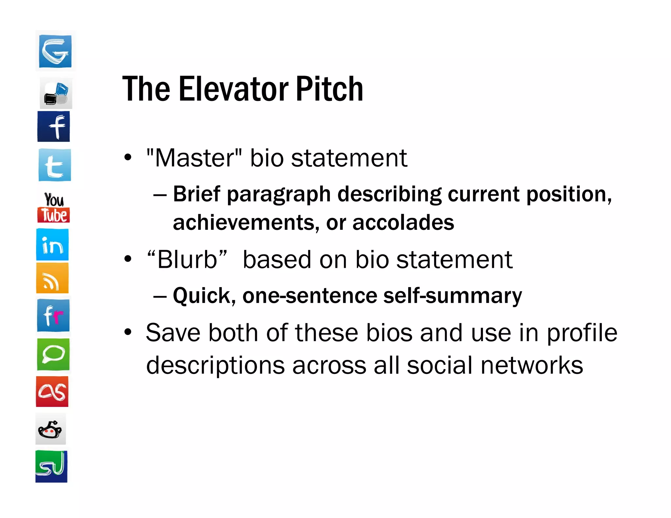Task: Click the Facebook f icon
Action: (54, 126)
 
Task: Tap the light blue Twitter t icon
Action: (55, 165)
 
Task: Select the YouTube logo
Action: (54, 208)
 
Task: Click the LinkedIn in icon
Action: (52, 245)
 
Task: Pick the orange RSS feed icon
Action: (52, 278)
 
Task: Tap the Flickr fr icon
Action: (53, 316)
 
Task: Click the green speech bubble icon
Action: (53, 354)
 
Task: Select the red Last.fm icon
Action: (52, 392)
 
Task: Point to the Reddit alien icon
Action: (50, 429)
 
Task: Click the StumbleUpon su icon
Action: (51, 466)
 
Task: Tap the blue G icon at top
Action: (55, 51)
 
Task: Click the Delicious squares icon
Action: (56, 94)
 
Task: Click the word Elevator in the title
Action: (234, 89)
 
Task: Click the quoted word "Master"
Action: (194, 158)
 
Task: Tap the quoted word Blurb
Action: (187, 260)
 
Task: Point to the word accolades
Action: (403, 223)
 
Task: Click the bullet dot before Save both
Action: (128, 332)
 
